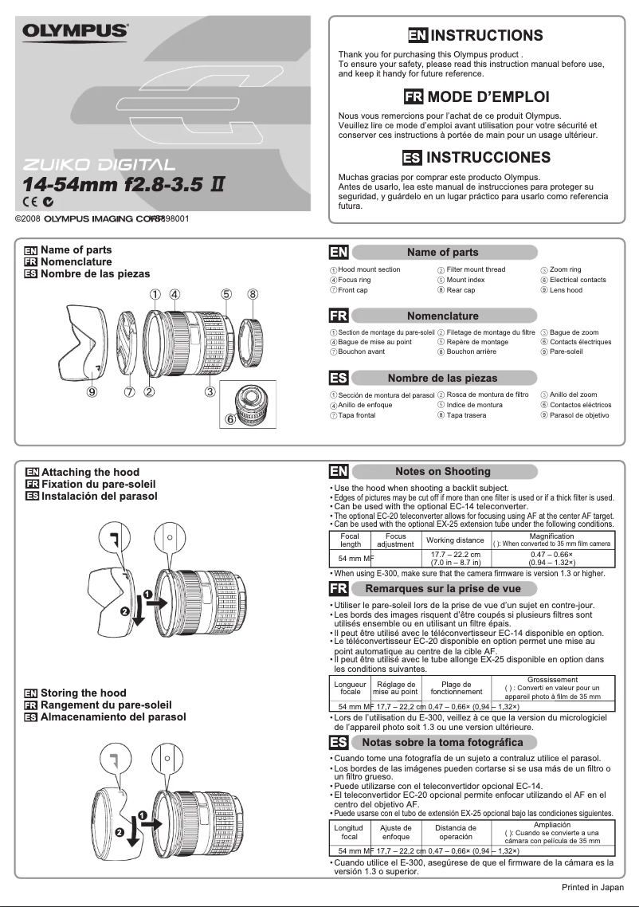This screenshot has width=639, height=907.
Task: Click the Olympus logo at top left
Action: [75, 31]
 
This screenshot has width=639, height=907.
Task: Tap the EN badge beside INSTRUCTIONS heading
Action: [418, 36]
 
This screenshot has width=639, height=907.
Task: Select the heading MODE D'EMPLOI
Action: [488, 97]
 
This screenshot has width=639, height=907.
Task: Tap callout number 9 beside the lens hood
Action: [93, 391]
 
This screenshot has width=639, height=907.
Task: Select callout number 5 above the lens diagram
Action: [226, 294]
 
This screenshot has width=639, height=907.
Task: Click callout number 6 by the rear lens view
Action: [230, 418]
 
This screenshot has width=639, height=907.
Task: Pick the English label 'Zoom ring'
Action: [566, 270]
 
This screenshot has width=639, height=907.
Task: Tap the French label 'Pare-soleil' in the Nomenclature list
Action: [566, 351]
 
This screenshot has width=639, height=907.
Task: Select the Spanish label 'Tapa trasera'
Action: [466, 415]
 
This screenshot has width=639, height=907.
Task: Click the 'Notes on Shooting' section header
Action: [442, 471]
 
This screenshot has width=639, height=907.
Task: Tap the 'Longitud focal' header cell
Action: [349, 832]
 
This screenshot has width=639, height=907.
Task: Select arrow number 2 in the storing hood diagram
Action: [120, 832]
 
